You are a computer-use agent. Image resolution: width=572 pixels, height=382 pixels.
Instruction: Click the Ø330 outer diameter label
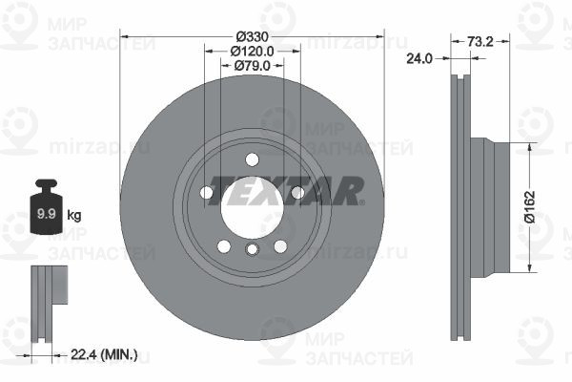[x=252, y=36]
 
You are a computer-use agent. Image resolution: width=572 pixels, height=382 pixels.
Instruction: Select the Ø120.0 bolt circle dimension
[x=252, y=52]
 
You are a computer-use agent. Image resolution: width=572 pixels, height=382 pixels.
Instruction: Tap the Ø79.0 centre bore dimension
[x=252, y=66]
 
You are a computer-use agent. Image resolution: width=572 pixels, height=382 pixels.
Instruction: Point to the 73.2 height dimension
[x=480, y=42]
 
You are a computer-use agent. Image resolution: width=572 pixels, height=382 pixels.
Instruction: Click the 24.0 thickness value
[x=419, y=58]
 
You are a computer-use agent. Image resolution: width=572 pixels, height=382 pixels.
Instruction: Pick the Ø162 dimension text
[x=529, y=206]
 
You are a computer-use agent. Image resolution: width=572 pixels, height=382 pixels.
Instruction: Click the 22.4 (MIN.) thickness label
[x=104, y=354]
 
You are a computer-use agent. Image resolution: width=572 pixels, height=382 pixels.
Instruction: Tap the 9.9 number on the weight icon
[x=46, y=214]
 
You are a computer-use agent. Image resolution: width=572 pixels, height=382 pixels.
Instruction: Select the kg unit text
[x=74, y=215]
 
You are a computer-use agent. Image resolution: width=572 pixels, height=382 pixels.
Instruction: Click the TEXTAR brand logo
[x=286, y=191]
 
